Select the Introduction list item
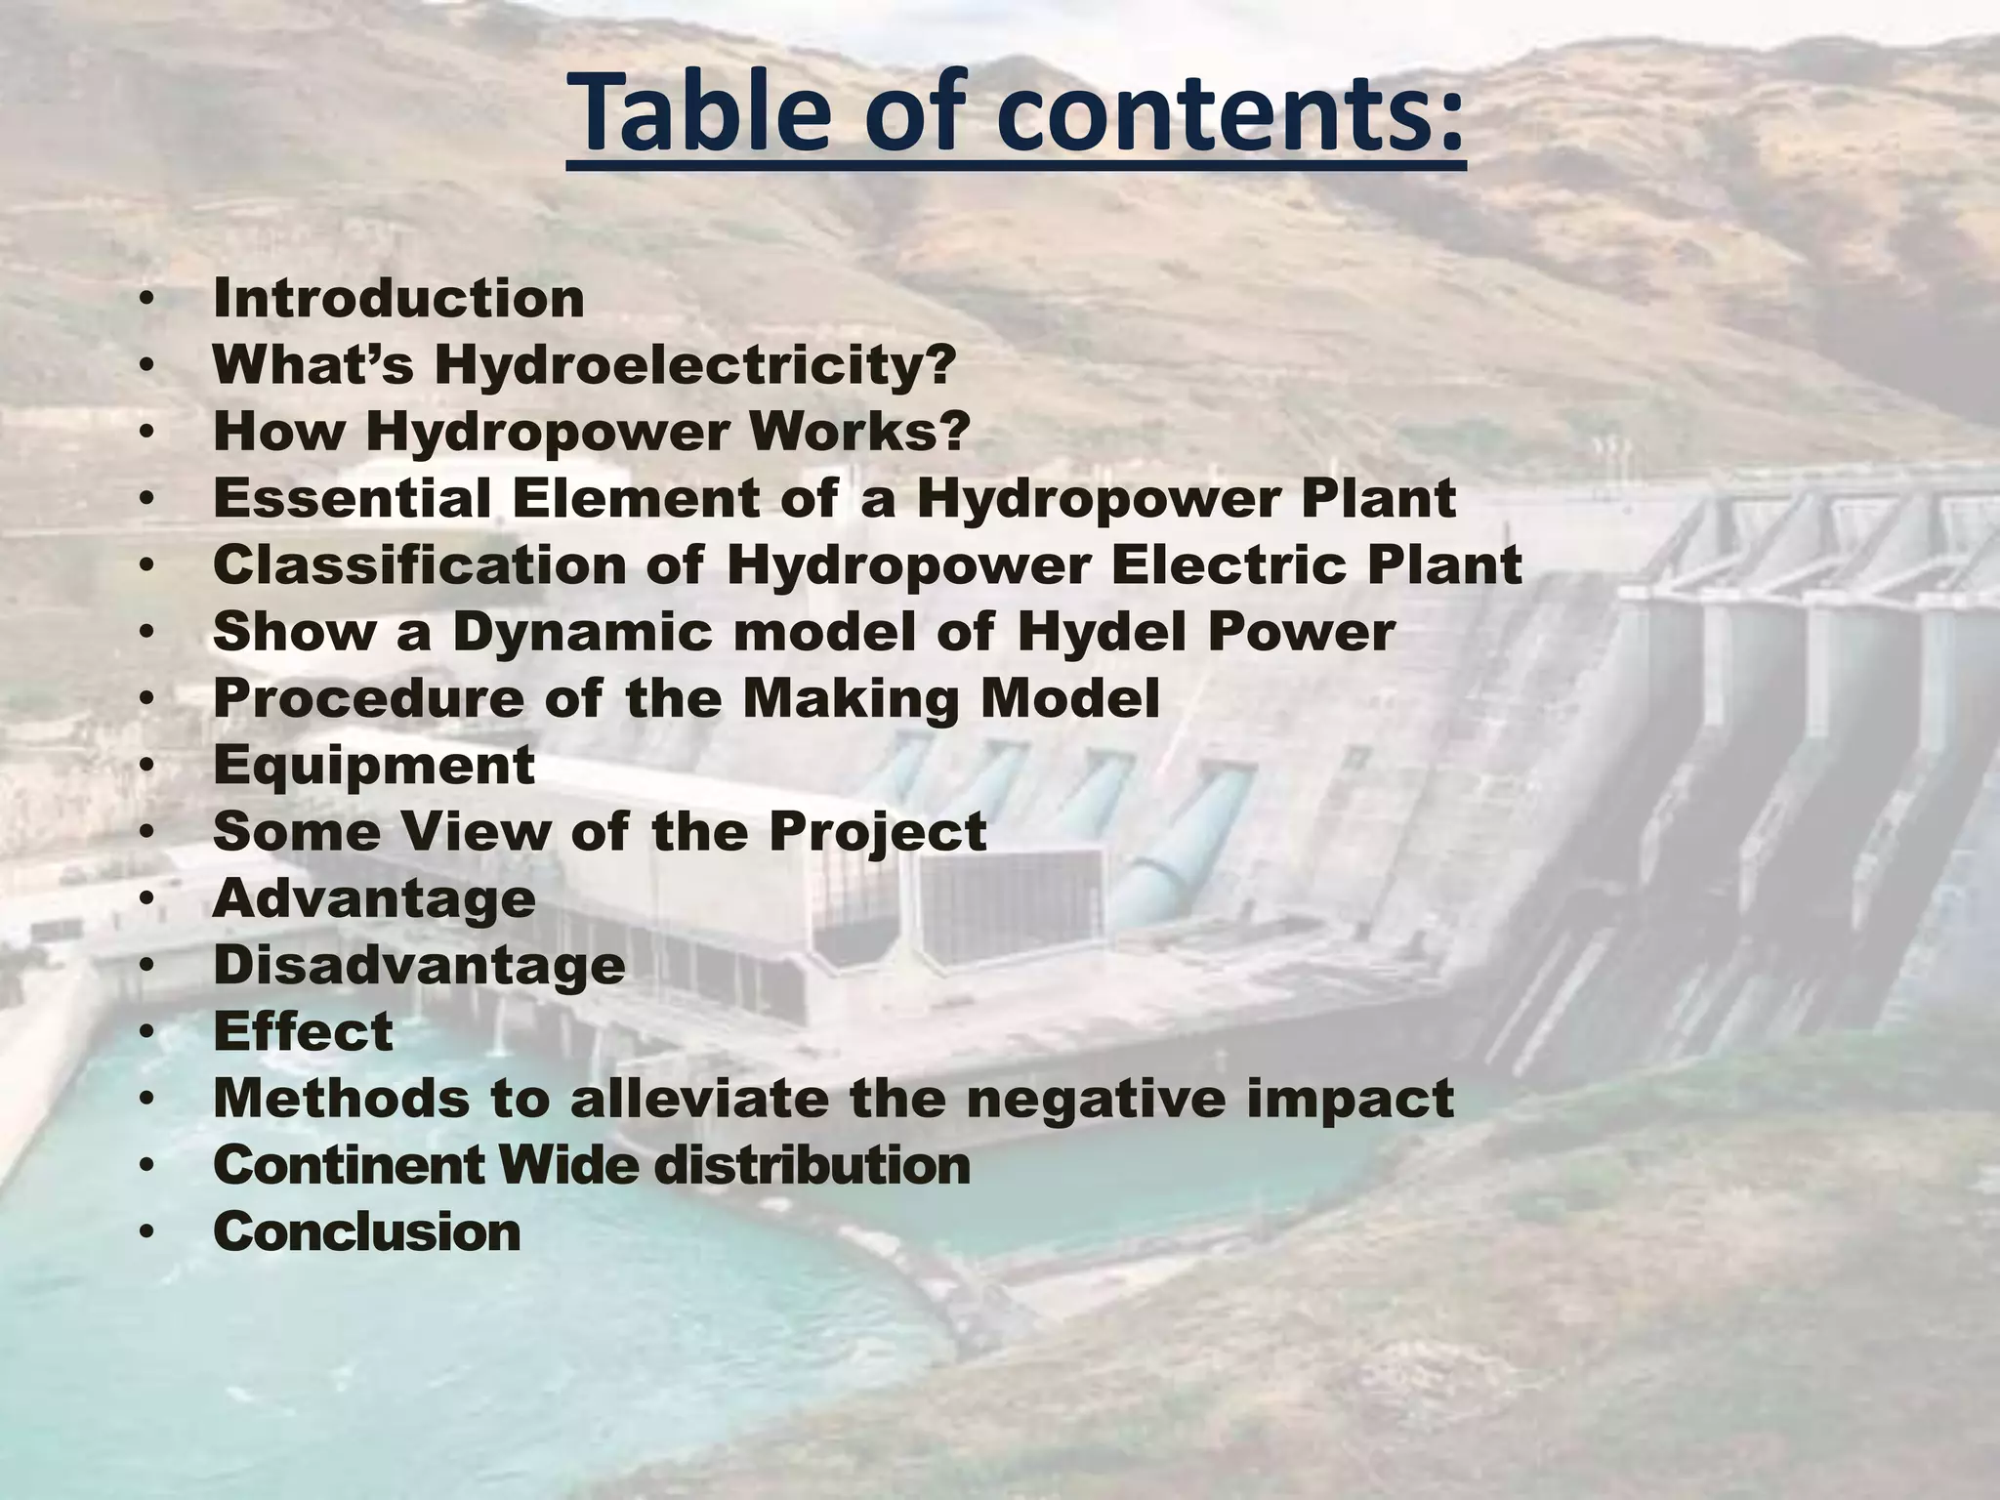tap(398, 298)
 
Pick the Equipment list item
tap(374, 766)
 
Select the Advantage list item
tap(374, 898)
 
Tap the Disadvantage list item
tap(419, 965)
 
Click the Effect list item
tap(303, 1032)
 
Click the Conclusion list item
tap(367, 1231)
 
